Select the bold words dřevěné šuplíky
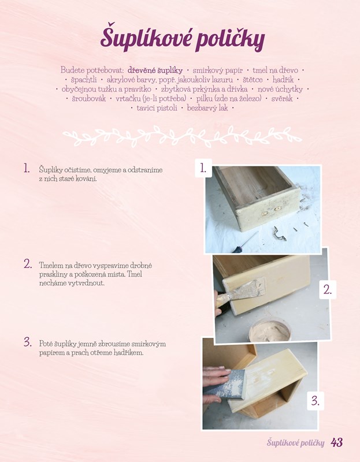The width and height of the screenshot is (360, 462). coord(155,70)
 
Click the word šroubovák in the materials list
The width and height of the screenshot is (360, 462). coord(89,98)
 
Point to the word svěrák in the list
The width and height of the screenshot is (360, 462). coord(282,99)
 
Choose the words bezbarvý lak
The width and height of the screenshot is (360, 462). coord(207,108)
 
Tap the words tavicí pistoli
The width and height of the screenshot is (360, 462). coord(157,108)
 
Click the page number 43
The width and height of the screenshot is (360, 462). coord(337,442)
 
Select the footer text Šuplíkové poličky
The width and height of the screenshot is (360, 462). coord(295,443)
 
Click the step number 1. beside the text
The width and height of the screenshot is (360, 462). coord(27,168)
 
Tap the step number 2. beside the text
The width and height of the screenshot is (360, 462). coord(28,264)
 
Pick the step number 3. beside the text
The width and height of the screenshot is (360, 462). coord(28,342)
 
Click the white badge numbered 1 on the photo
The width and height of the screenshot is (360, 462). coord(203,168)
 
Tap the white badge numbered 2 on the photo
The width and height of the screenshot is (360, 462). coord(328,290)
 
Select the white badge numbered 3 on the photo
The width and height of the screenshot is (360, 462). coord(316,401)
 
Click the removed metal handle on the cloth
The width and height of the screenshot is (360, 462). coord(280,234)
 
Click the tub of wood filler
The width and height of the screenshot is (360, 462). coord(269,330)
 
